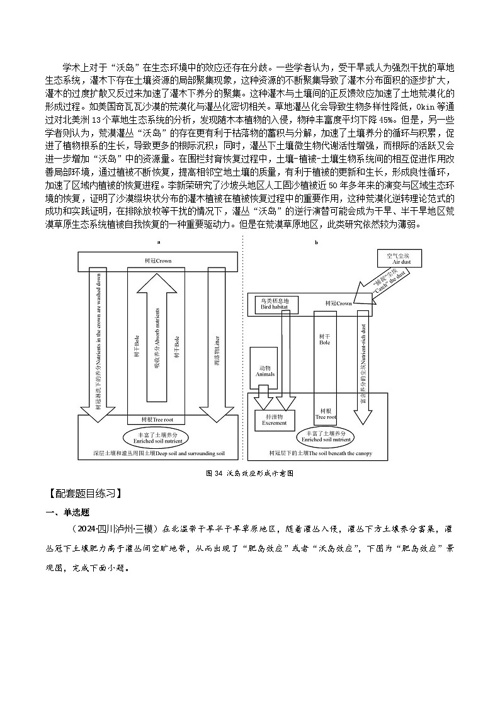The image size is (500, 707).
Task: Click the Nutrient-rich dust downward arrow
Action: coord(363,371)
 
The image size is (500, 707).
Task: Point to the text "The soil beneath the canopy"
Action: coord(319,454)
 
